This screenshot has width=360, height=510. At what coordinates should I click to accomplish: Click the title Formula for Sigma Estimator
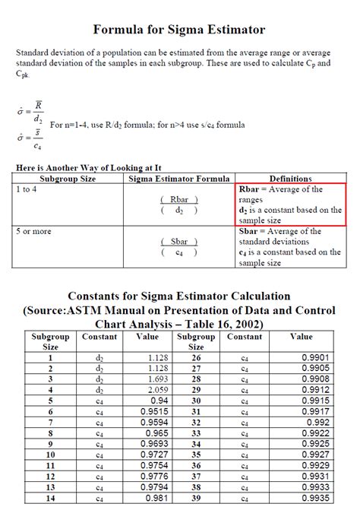[179, 30]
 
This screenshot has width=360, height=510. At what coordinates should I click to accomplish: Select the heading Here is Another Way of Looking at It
[88, 167]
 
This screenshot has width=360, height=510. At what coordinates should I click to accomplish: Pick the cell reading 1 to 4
[27, 189]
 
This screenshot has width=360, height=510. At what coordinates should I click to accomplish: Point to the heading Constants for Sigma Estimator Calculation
[179, 296]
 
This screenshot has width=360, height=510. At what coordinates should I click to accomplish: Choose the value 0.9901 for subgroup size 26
[314, 357]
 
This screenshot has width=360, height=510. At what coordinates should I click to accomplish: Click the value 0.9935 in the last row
[314, 498]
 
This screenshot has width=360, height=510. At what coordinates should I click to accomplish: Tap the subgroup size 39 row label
[197, 498]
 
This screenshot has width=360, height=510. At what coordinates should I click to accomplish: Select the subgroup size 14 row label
[50, 498]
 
